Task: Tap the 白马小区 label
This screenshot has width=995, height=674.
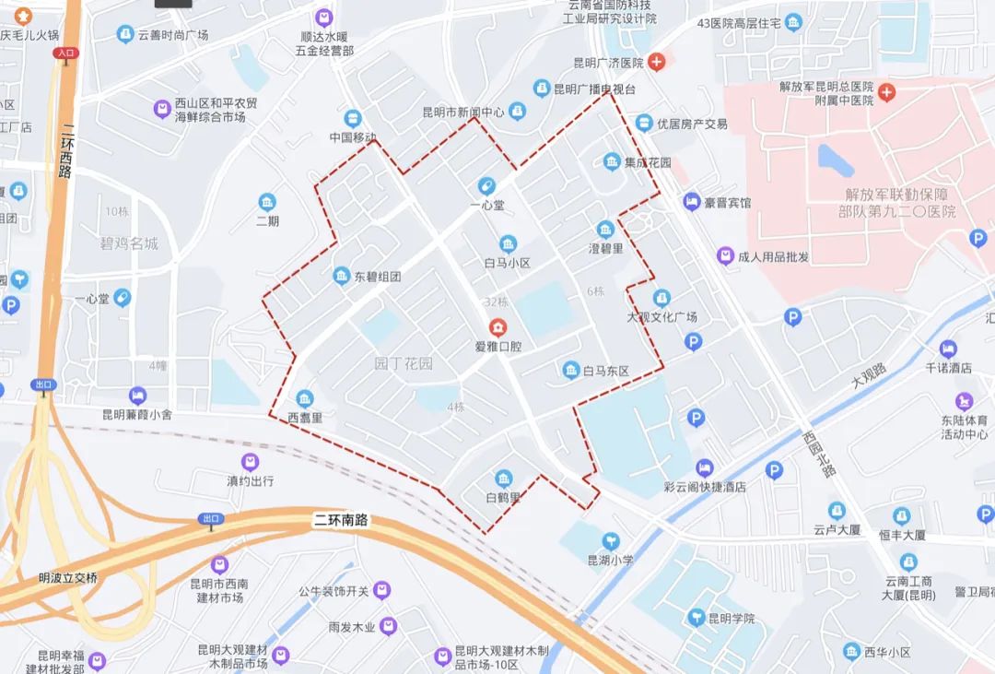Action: click(x=508, y=263)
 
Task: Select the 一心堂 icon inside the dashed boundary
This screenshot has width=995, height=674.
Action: click(x=486, y=186)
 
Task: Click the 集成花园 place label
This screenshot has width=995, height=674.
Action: click(x=648, y=162)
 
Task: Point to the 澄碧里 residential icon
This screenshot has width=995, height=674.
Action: click(x=605, y=230)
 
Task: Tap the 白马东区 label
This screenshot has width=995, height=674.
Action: click(x=605, y=372)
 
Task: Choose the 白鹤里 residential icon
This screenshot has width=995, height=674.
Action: click(x=504, y=479)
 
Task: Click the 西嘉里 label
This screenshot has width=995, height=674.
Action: click(x=305, y=418)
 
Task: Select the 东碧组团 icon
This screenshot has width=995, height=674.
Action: click(x=342, y=276)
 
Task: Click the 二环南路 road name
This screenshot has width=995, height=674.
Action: click(x=340, y=520)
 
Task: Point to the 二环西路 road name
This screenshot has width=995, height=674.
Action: click(x=64, y=152)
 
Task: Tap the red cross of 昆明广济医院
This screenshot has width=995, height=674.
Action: click(x=656, y=63)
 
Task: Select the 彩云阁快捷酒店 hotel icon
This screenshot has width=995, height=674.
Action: click(x=705, y=467)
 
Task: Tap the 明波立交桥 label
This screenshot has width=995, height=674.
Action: click(x=67, y=578)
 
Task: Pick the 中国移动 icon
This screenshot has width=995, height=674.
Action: click(x=353, y=118)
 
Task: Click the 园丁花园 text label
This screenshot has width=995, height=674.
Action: click(x=404, y=364)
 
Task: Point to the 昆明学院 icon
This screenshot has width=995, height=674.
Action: click(x=697, y=617)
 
